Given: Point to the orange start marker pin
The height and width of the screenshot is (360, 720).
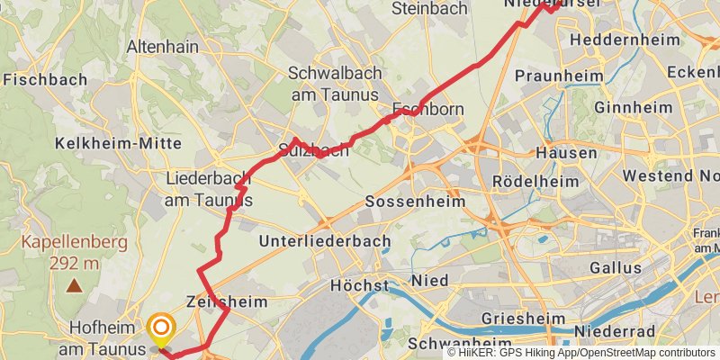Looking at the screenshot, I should (161, 328).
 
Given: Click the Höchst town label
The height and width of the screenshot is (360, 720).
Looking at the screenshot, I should (360, 285).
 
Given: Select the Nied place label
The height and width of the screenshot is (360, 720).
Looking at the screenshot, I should (430, 282).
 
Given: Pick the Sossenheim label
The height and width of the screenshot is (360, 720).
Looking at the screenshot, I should (415, 201).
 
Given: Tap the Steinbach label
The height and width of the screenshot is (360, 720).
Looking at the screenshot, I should (430, 9).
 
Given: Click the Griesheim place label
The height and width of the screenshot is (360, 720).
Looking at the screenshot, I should (522, 319).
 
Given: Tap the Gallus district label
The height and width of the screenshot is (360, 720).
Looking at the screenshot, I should (616, 267).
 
